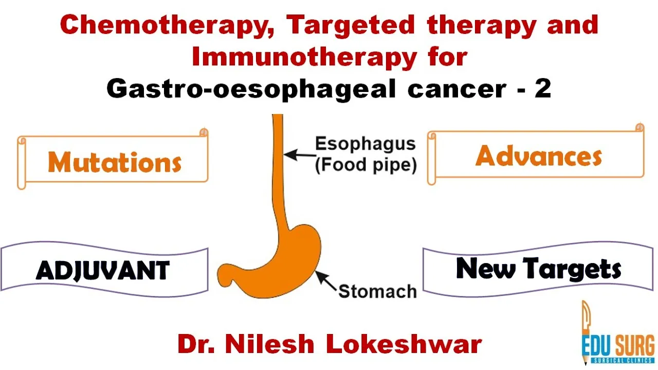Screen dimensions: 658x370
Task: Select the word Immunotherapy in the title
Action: (304, 57)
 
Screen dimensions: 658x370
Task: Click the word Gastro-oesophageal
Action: (251, 89)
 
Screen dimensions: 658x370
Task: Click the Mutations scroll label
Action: (115, 162)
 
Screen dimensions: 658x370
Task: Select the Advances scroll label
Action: (539, 156)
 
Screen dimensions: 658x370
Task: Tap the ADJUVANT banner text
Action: (102, 270)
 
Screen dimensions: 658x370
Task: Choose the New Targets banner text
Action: (538, 268)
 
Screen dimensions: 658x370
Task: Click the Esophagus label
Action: (365, 144)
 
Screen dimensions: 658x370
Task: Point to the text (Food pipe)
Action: (365, 165)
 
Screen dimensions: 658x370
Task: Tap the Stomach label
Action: (377, 291)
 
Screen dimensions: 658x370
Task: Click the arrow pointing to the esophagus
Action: (300, 155)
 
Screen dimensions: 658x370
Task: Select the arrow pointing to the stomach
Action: (326, 281)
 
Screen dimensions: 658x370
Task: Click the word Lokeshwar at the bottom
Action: (404, 344)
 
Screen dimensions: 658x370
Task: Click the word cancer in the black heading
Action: (457, 89)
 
